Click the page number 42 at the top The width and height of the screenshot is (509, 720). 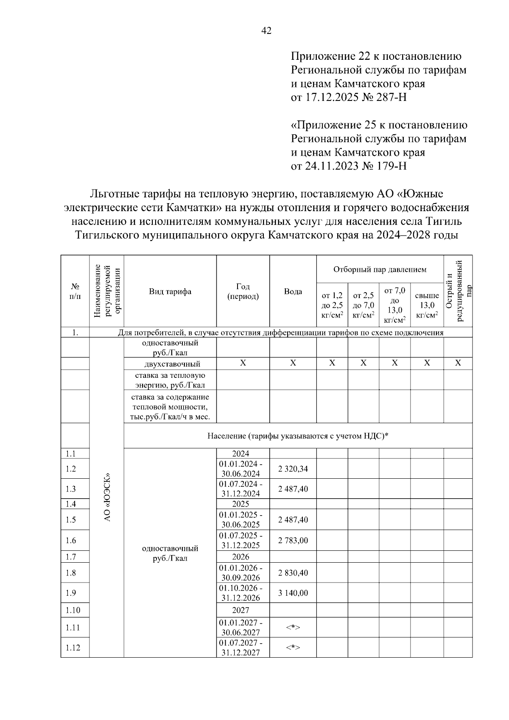[x=266, y=31]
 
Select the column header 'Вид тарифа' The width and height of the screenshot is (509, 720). [x=170, y=291]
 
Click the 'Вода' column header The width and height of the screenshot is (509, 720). [x=293, y=291]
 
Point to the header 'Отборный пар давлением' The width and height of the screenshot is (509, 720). [x=380, y=269]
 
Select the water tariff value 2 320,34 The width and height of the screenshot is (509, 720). [x=293, y=469]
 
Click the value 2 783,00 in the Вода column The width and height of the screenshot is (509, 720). [x=293, y=540]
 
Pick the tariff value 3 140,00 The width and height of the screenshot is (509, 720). [x=293, y=593]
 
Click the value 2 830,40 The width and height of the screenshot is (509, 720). [x=293, y=572]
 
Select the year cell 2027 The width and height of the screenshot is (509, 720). [x=241, y=610]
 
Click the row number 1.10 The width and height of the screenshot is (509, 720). [x=73, y=610]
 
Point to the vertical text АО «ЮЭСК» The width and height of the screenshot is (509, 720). [x=107, y=497]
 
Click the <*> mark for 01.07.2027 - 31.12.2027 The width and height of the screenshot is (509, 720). [x=293, y=647]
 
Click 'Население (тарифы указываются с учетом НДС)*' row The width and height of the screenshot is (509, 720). [x=298, y=435]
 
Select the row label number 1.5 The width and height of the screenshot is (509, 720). [x=71, y=520]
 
